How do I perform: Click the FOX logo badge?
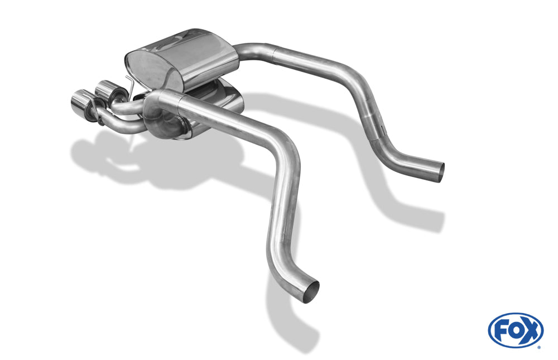click(x=516, y=330)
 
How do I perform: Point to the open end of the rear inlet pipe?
click(x=440, y=172)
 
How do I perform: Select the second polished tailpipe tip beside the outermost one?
click(x=105, y=89)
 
